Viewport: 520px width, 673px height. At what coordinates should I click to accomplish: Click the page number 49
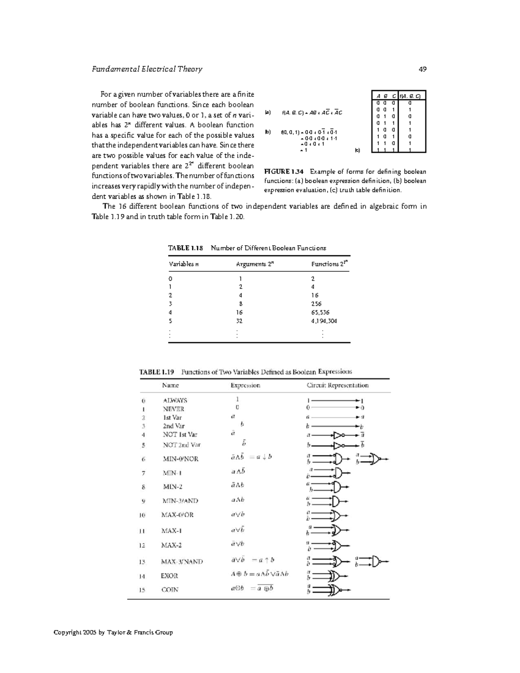pos(422,69)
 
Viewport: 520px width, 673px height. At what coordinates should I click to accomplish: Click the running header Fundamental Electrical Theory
pos(147,69)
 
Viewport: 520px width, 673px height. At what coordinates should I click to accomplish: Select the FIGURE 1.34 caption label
pos(284,172)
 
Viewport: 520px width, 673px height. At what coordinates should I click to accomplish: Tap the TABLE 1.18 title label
pos(185,248)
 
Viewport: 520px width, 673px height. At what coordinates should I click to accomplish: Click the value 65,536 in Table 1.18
pos(320,312)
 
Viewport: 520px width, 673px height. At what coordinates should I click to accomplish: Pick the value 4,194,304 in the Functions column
pos(324,321)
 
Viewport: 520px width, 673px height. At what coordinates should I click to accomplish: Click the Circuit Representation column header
pos(337,385)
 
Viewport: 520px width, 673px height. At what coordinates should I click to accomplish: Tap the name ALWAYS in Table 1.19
pos(175,400)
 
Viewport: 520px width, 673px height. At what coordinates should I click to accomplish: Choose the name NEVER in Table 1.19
pos(173,409)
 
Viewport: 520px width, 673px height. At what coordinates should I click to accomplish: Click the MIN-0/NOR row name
pos(181,458)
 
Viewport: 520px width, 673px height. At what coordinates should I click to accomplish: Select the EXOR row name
pos(169,576)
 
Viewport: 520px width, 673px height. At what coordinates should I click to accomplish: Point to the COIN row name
pos(169,589)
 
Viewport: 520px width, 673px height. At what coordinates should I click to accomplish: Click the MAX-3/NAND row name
pos(182,561)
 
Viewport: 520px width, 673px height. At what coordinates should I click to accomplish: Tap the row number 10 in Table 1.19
pos(142,515)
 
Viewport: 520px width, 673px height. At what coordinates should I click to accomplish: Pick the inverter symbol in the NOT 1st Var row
pos(338,435)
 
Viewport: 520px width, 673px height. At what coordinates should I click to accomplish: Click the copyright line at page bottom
pos(113,632)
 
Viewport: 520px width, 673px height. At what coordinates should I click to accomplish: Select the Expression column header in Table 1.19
pos(245,385)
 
